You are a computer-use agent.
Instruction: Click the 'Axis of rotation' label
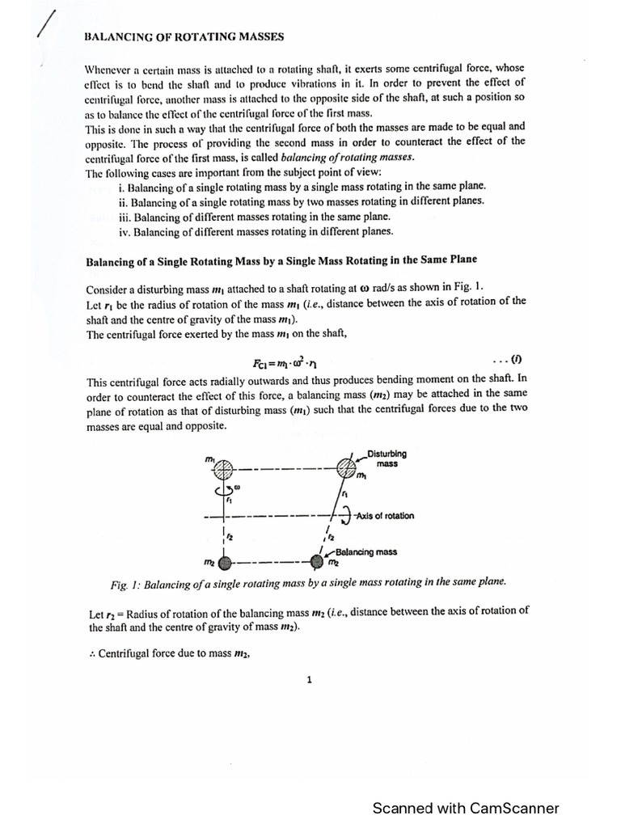[x=385, y=516]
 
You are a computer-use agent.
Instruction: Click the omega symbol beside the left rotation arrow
[x=239, y=489]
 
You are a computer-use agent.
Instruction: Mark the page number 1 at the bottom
[x=310, y=679]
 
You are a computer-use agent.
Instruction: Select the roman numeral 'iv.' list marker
[x=124, y=231]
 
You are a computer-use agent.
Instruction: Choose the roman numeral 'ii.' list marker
[x=124, y=201]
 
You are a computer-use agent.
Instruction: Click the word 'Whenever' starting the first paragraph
[x=109, y=69]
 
